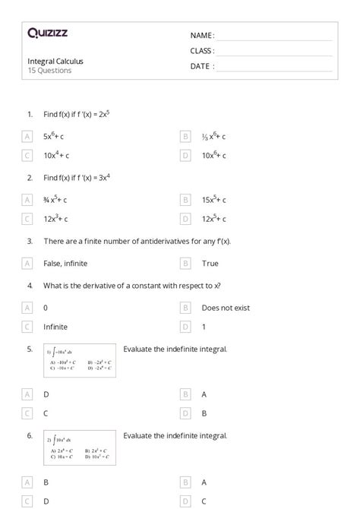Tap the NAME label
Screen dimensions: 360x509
tap(201, 35)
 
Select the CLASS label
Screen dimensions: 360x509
tap(202, 50)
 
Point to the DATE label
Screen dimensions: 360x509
tap(202, 66)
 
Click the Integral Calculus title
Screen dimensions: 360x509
tap(55, 61)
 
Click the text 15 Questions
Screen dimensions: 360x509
tap(49, 71)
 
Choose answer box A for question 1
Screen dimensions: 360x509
tap(27, 137)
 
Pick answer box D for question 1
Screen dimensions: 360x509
tap(185, 155)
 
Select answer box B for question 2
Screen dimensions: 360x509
tap(185, 200)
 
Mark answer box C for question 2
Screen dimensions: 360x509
tap(27, 219)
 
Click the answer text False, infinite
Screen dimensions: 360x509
tap(65, 263)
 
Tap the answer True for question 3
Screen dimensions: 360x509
tap(210, 263)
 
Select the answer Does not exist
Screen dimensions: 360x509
tap(226, 308)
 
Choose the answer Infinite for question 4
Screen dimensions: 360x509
tap(55, 327)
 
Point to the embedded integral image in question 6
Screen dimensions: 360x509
tap(80, 449)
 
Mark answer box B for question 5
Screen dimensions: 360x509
tap(185, 394)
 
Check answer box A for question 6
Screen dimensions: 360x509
tap(185, 482)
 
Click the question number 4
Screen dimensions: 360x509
tap(30, 286)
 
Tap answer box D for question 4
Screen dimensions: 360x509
tap(185, 327)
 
